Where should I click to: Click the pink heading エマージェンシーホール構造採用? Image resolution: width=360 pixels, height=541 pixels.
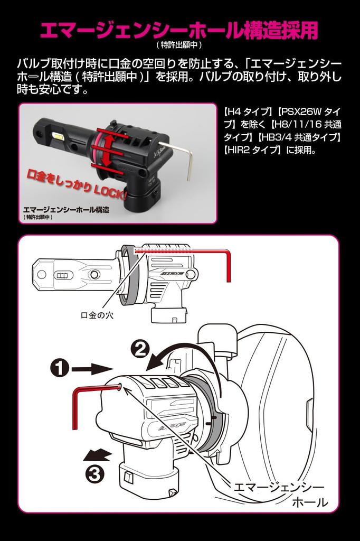179,30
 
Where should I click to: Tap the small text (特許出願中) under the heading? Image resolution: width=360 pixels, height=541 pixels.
179,45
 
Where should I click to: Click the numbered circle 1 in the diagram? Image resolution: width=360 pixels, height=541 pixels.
60,368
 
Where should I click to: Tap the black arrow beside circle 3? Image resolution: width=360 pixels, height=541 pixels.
97,455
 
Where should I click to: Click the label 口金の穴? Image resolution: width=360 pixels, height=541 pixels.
97,315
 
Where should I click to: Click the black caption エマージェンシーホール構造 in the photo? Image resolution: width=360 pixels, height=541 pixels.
66,209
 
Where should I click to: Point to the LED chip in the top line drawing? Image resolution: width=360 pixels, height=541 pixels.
64,275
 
